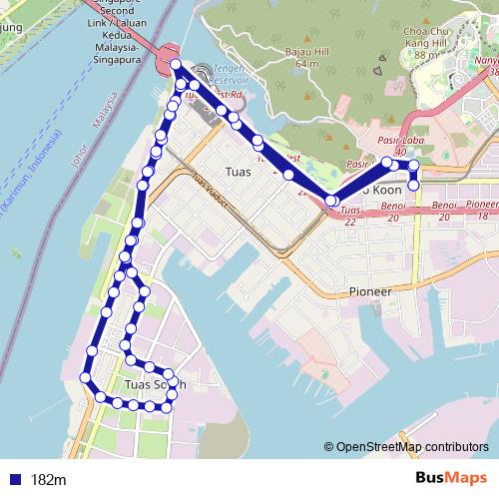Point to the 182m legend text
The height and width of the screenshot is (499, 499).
point(49,480)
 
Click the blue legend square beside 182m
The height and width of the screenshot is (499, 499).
point(14,479)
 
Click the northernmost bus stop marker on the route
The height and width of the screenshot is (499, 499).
point(176,65)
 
